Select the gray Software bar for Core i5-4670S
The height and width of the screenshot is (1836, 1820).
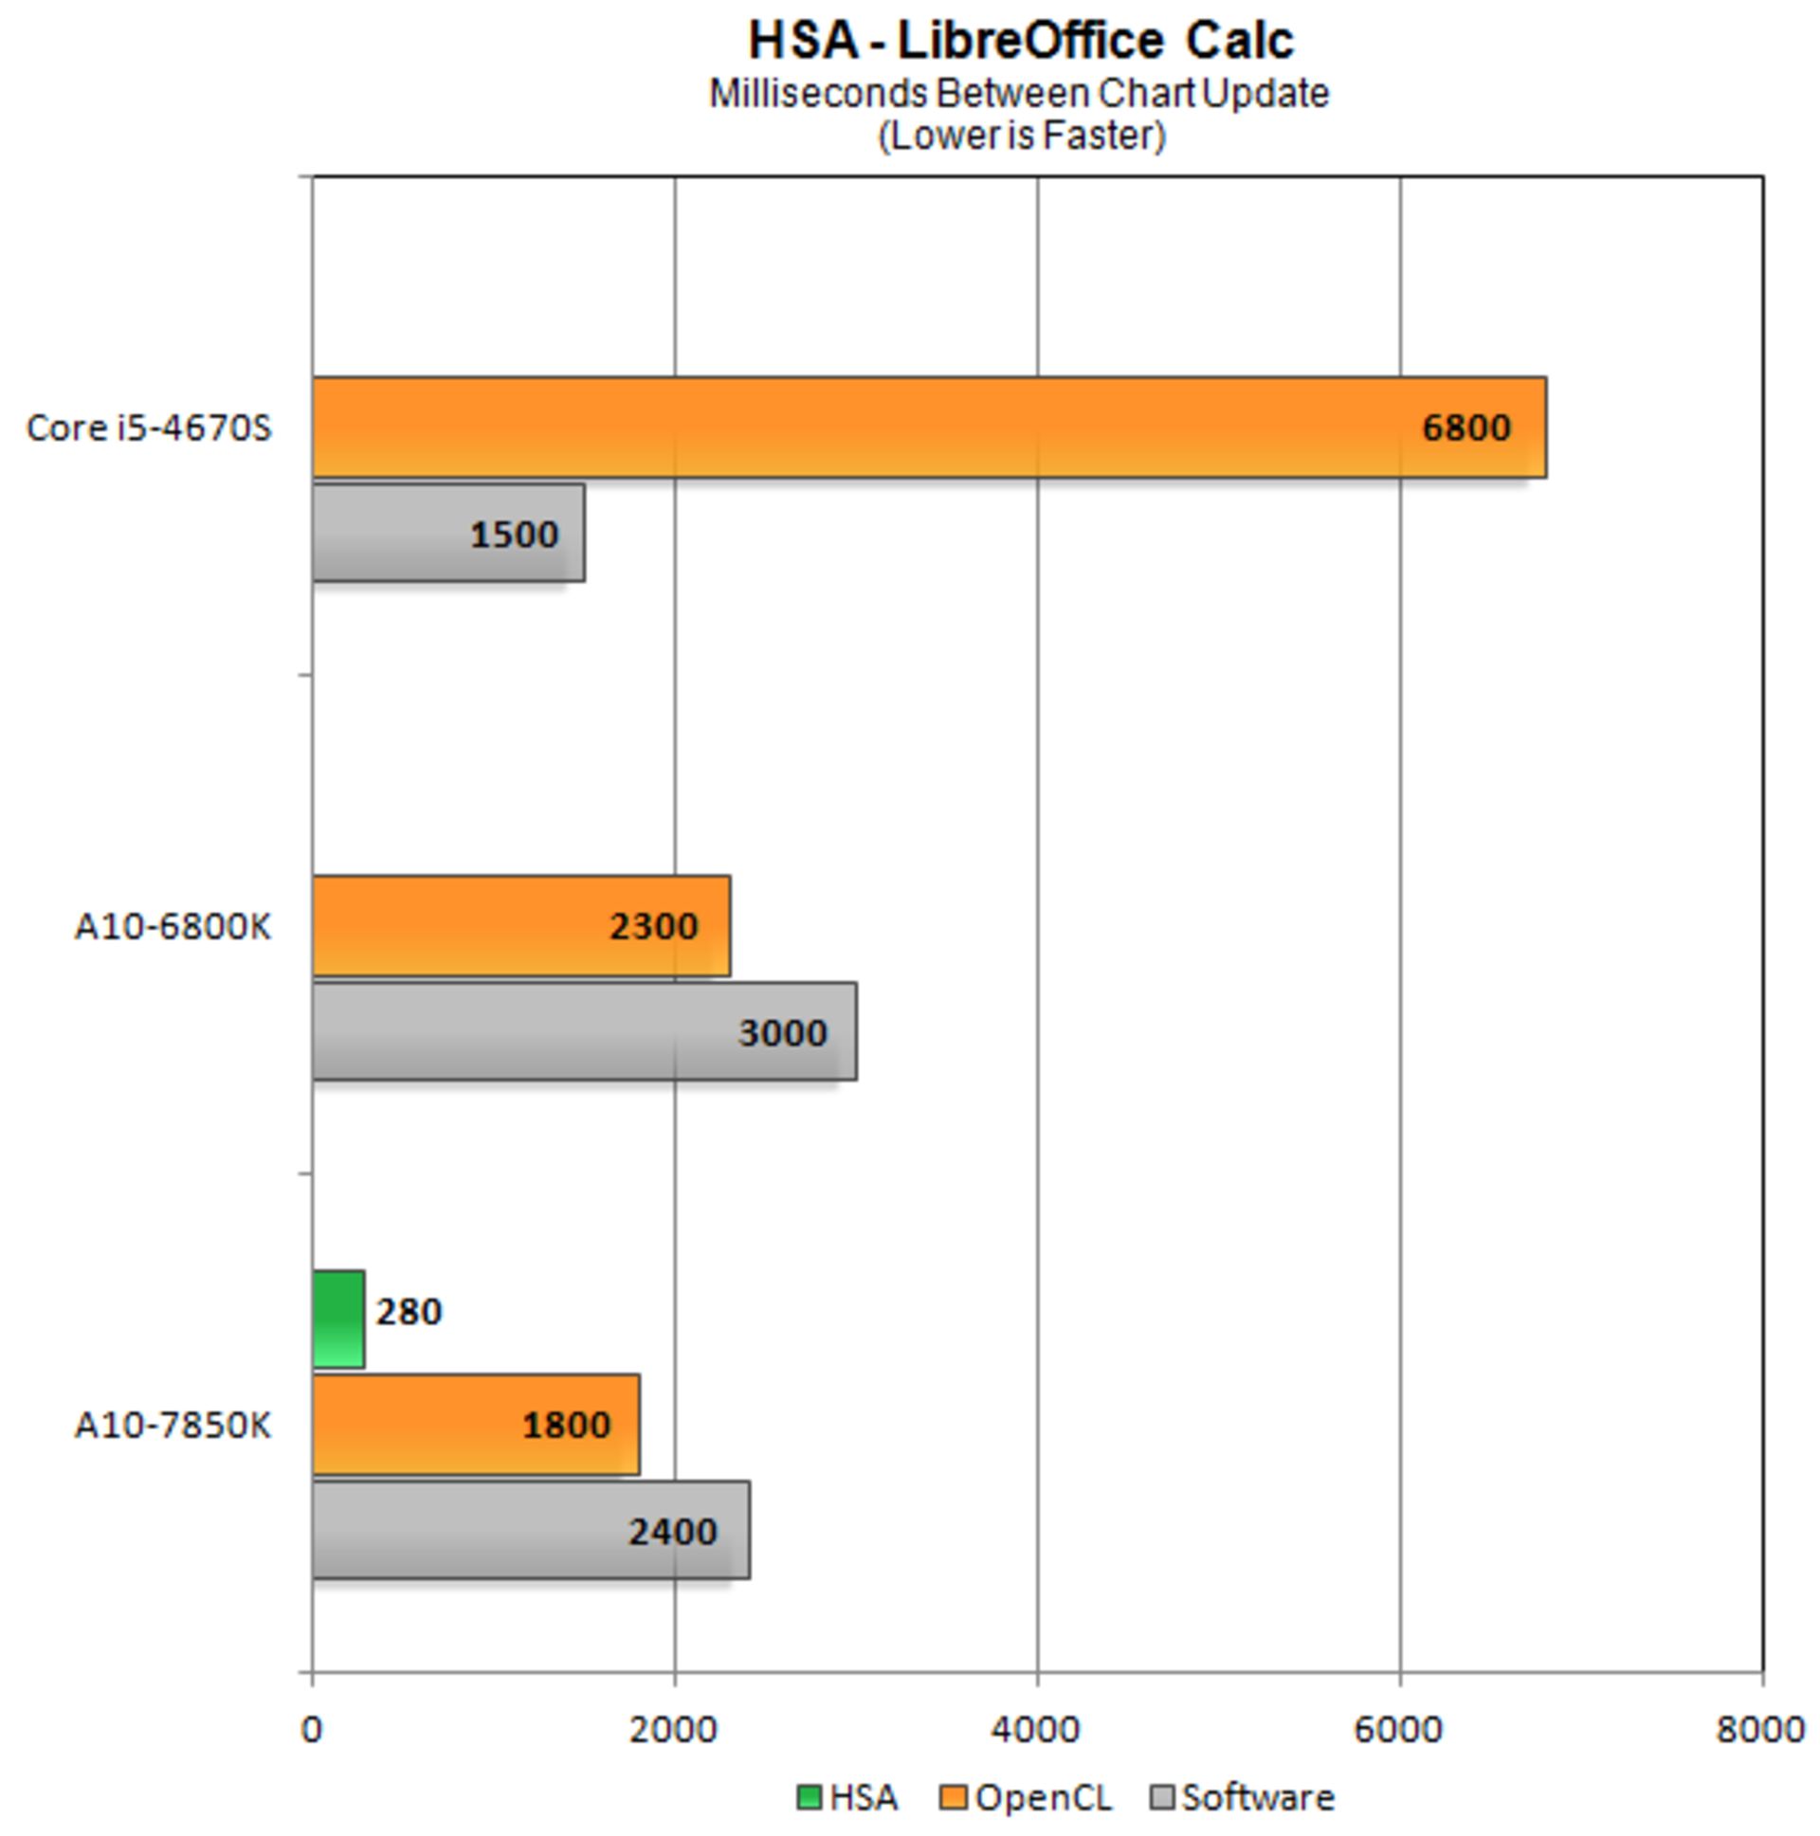click(446, 533)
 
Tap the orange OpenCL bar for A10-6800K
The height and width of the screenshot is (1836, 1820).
click(519, 926)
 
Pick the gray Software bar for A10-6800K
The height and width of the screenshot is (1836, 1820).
click(583, 1032)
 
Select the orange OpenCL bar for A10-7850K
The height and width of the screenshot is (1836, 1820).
click(475, 1425)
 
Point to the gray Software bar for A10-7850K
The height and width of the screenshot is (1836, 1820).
click(529, 1531)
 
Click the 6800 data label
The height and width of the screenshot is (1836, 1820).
click(1465, 427)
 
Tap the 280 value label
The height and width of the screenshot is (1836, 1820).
click(409, 1313)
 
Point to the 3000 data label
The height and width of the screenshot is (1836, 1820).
click(782, 1033)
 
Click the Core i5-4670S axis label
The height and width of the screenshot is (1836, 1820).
click(149, 427)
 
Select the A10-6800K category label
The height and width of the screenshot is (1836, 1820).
click(173, 926)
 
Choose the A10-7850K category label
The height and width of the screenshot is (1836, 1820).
click(173, 1426)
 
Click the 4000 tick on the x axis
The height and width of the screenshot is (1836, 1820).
click(1035, 1730)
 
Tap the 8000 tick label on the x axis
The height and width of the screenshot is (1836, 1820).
click(1760, 1730)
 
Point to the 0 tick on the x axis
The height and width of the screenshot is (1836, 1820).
click(311, 1730)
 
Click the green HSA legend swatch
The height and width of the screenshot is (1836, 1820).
click(808, 1798)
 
